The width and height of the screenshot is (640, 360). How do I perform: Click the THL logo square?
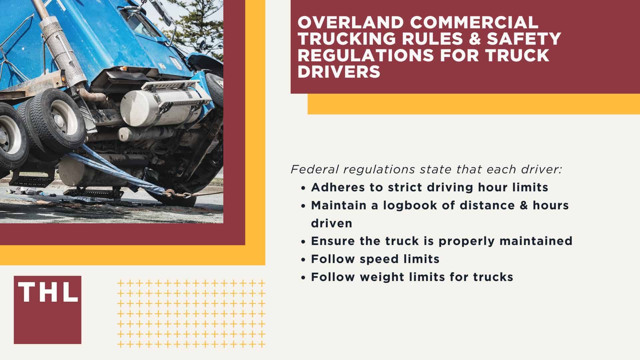[x=47, y=310]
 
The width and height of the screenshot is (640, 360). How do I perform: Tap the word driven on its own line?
[x=331, y=223]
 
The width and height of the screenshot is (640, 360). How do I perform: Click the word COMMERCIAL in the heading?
[x=474, y=22]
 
